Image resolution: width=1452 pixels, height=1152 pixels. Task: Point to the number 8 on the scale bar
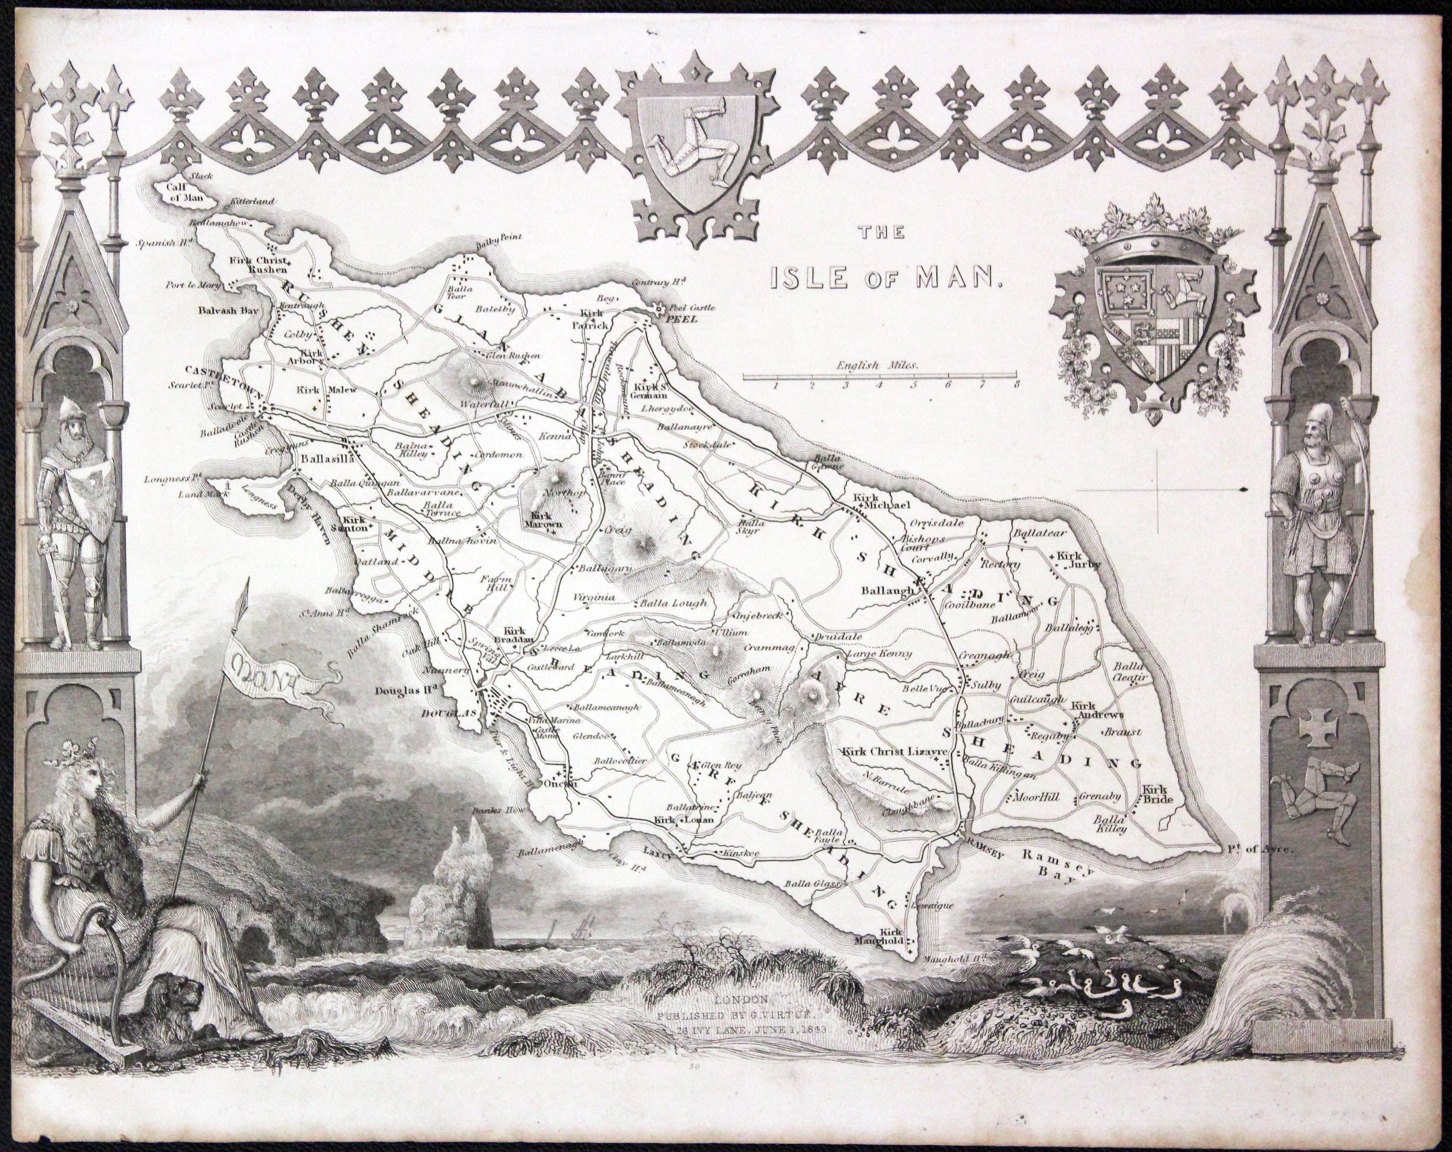(1016, 385)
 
